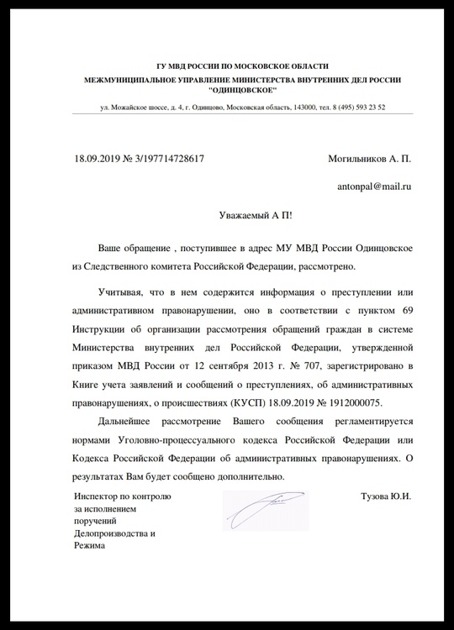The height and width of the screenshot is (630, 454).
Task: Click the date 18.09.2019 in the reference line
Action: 98,157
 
